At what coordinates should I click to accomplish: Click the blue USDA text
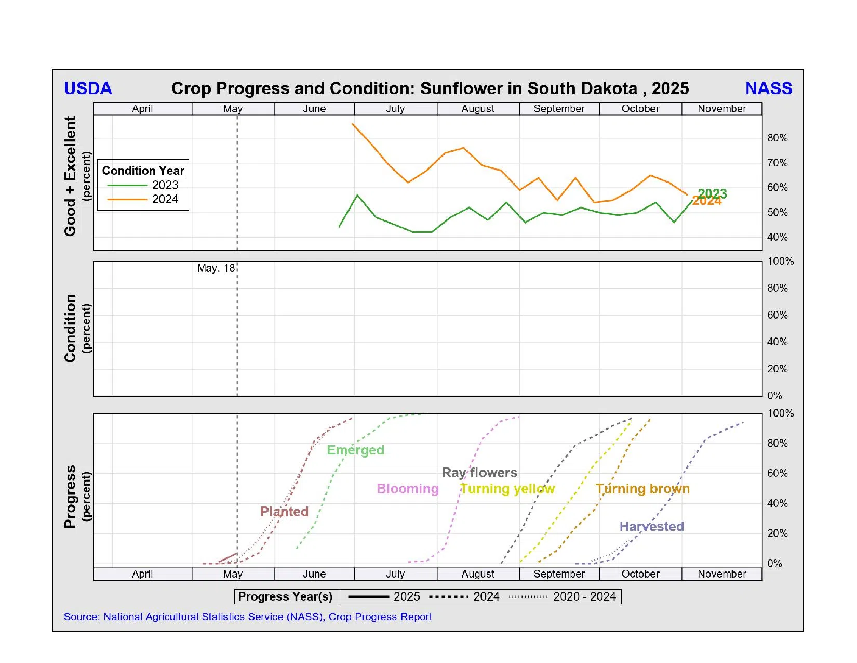(x=88, y=88)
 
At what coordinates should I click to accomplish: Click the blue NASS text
(x=768, y=88)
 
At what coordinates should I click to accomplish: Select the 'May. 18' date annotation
(x=216, y=268)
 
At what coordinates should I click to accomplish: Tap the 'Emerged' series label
(x=355, y=450)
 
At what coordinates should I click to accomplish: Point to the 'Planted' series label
(x=284, y=512)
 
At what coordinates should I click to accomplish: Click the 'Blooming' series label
(x=407, y=489)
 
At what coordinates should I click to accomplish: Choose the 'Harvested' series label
(x=651, y=526)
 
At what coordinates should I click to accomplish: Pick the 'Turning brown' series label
(x=642, y=489)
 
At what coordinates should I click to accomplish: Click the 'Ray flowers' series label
(x=479, y=473)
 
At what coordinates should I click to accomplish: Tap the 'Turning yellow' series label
(x=507, y=489)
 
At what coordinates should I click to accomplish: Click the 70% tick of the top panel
(x=777, y=163)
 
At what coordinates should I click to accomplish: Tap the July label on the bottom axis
(x=395, y=574)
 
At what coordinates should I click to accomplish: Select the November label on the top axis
(x=721, y=109)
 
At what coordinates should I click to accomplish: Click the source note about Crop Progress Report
(x=248, y=617)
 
